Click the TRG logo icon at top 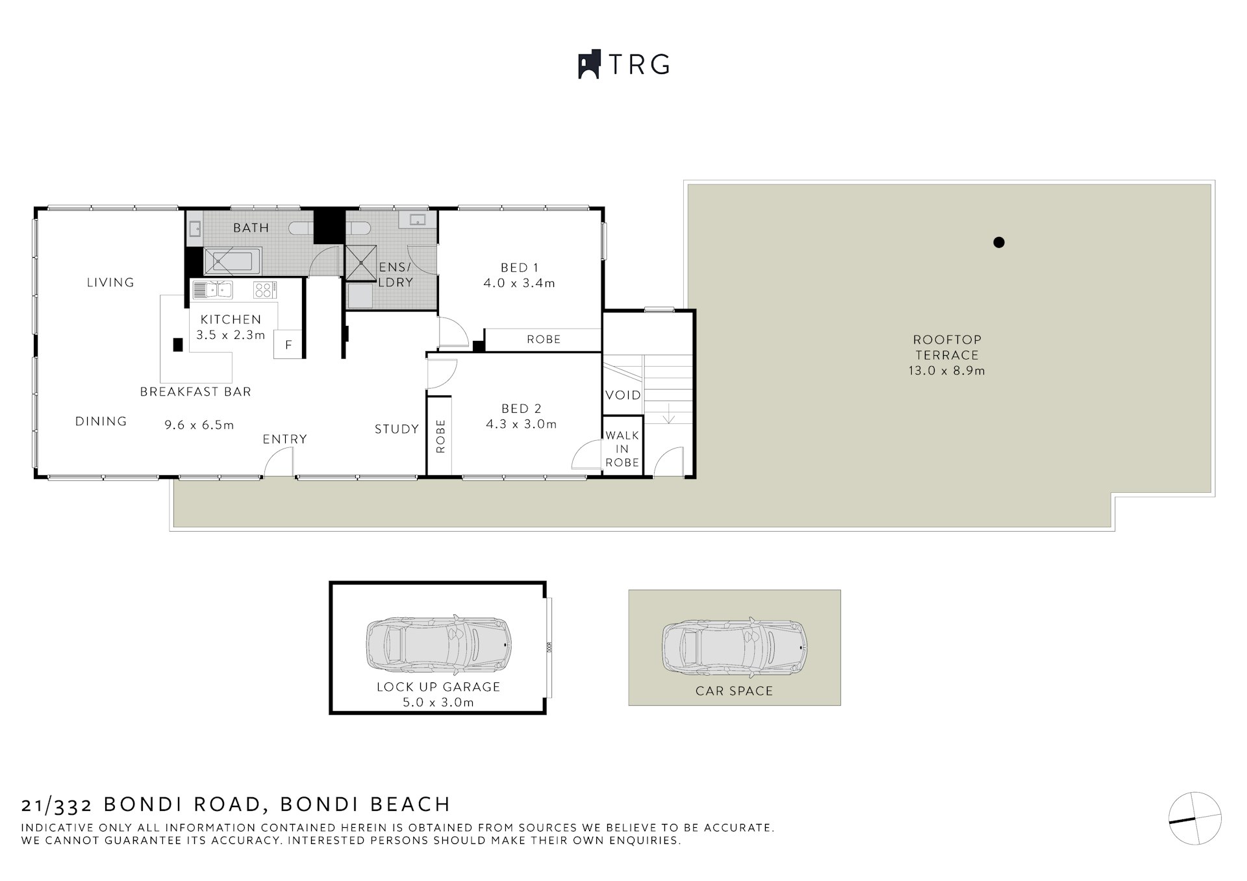[x=588, y=64]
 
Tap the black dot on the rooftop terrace [x=999, y=242]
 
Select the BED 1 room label [x=519, y=267]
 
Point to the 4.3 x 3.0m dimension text [x=521, y=424]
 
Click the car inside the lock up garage [x=439, y=643]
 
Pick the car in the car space [x=735, y=647]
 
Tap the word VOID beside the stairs [x=623, y=395]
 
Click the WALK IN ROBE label [x=622, y=449]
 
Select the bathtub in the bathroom [x=233, y=261]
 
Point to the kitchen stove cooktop [x=265, y=290]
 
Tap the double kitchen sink [x=212, y=290]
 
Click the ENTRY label [x=284, y=440]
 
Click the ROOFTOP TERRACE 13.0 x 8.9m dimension [x=946, y=371]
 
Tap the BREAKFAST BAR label [x=195, y=391]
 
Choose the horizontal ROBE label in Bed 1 [x=543, y=339]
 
